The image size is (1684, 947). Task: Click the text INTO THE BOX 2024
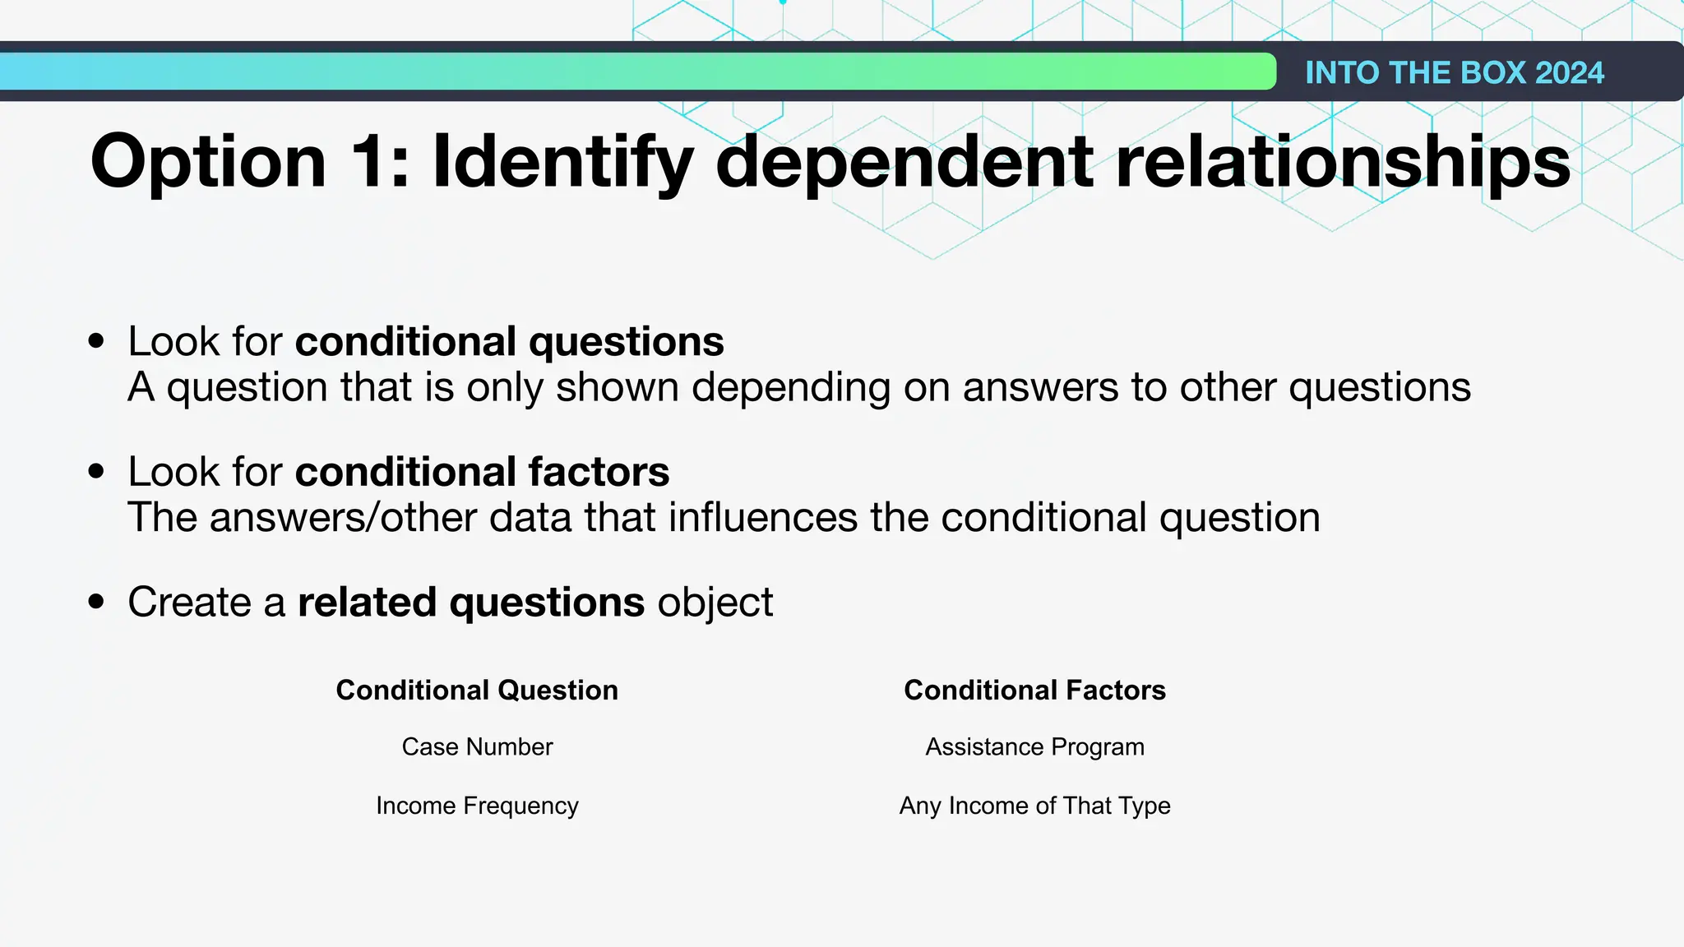point(1454,72)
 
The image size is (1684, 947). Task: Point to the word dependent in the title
point(905,163)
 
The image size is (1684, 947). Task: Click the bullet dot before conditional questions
point(97,340)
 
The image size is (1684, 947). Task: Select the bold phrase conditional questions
point(509,341)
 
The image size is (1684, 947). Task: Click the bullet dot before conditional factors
point(97,471)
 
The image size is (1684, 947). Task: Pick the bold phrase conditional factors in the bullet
point(482,472)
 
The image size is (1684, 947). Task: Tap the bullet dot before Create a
point(97,601)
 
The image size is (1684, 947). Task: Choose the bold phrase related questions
point(470,602)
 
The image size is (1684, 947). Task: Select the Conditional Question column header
point(477,690)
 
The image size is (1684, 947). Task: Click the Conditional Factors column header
point(1034,690)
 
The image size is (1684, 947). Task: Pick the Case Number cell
point(477,746)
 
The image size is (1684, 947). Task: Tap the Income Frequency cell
point(477,806)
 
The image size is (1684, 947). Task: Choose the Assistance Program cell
point(1034,746)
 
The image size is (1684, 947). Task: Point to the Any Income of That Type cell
point(1034,806)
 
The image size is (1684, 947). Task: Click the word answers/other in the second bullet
point(343,518)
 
